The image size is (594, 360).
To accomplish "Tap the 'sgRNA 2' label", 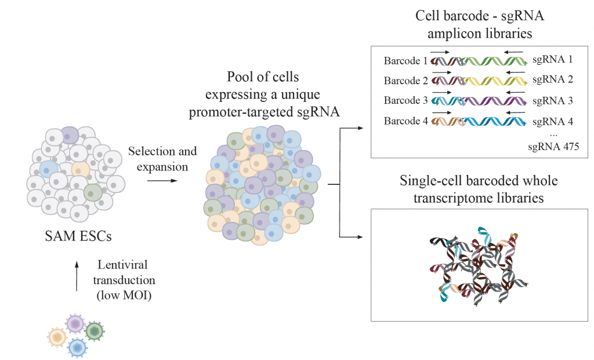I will tap(552, 80).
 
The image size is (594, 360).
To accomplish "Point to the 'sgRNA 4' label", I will tap(552, 121).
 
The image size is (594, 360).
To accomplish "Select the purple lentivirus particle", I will tap(75, 323).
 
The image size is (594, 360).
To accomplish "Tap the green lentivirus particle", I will tap(95, 331).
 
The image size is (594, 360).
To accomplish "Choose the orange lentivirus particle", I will tap(57, 336).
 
